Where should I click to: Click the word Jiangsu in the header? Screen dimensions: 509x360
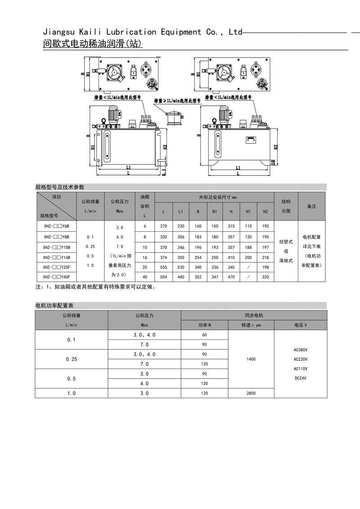pos(58,32)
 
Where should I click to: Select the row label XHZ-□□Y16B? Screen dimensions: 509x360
pos(57,257)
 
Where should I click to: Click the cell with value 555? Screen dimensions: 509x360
pos(163,267)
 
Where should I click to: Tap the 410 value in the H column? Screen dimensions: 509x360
pos(231,257)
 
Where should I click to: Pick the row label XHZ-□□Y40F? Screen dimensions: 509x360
pos(57,277)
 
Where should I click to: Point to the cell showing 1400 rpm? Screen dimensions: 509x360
pos(251,359)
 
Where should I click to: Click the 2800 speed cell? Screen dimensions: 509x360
pos(251,393)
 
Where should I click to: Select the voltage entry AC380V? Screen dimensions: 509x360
pos(301,349)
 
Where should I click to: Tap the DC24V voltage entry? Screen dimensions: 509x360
pos(301,378)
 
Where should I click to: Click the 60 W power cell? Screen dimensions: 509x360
pos(204,335)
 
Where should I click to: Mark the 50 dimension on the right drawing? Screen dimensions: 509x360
pos(273,162)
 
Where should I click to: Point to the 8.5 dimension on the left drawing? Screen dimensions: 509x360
pos(164,171)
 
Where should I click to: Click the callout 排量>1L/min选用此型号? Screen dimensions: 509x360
pos(178,101)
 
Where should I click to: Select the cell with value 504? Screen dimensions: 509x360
pos(163,277)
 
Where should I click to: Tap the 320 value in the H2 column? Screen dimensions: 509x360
pos(265,277)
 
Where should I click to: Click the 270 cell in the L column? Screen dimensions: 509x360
pos(163,227)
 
